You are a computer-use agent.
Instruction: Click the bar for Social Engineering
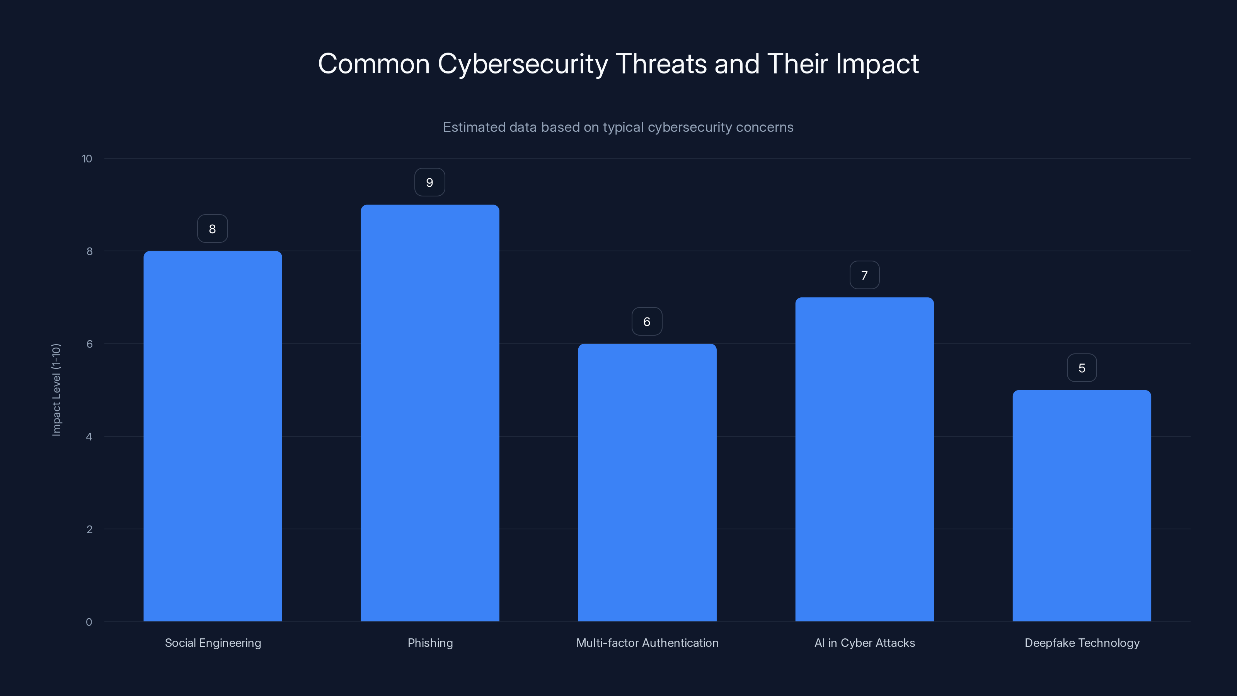[212, 436]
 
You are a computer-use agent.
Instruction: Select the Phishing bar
[430, 413]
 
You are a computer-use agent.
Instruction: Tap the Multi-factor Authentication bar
[647, 482]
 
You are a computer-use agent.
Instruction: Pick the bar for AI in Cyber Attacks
[864, 459]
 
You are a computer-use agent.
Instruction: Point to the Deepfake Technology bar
[1082, 505]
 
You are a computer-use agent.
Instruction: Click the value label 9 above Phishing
[430, 183]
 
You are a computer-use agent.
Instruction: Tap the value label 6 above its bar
[647, 321]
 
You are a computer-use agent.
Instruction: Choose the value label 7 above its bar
[864, 275]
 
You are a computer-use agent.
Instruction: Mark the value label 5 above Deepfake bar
[1082, 368]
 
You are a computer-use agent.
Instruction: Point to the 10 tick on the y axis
[87, 159]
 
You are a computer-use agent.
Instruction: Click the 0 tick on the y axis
[89, 622]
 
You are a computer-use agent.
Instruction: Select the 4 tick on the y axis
[89, 437]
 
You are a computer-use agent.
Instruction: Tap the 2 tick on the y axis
[89, 529]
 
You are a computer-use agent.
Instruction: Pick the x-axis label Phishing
[430, 643]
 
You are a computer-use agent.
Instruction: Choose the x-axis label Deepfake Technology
[1082, 643]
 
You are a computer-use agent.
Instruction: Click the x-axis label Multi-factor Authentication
[647, 643]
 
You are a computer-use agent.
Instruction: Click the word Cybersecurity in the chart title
[523, 64]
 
